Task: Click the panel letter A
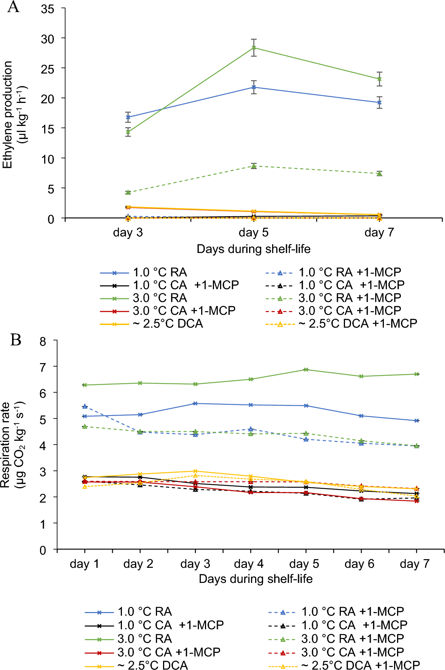click(x=13, y=7)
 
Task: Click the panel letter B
click(x=15, y=340)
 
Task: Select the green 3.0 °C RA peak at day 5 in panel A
click(x=254, y=48)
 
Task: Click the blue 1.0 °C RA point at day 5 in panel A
click(x=254, y=87)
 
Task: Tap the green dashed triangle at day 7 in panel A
click(x=379, y=173)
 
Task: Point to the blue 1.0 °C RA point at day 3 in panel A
click(x=128, y=117)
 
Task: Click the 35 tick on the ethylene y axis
click(x=48, y=9)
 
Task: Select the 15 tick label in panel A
click(x=48, y=129)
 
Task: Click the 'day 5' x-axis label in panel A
click(x=253, y=232)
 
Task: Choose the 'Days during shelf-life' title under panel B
click(x=256, y=578)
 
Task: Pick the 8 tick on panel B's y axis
click(x=43, y=342)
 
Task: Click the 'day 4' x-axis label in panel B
click(x=248, y=564)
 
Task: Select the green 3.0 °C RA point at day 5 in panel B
click(x=306, y=369)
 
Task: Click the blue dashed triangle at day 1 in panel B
click(x=85, y=406)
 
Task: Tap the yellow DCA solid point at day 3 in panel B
click(x=196, y=471)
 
